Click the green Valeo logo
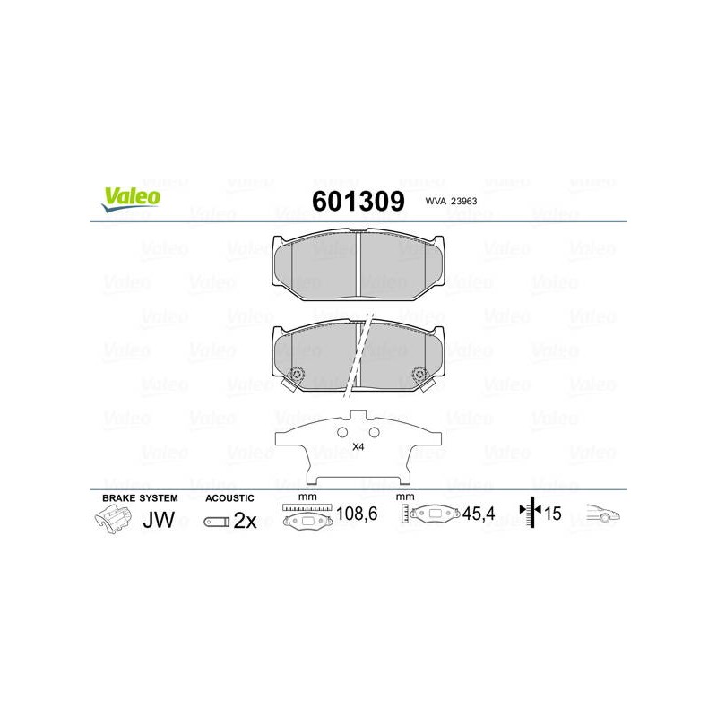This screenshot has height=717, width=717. pos(131,199)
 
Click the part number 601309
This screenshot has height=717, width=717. pos(358,201)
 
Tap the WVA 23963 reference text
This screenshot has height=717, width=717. pos(451,201)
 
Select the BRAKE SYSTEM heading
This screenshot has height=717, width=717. pos(140,498)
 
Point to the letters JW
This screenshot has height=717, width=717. pos(159,520)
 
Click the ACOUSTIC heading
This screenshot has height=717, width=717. pos(229,498)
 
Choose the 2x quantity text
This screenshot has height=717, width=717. pos(245,521)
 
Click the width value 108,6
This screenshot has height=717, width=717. pos(357,514)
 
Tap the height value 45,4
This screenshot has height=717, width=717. pos(479,514)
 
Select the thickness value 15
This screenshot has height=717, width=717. pos(552,514)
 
